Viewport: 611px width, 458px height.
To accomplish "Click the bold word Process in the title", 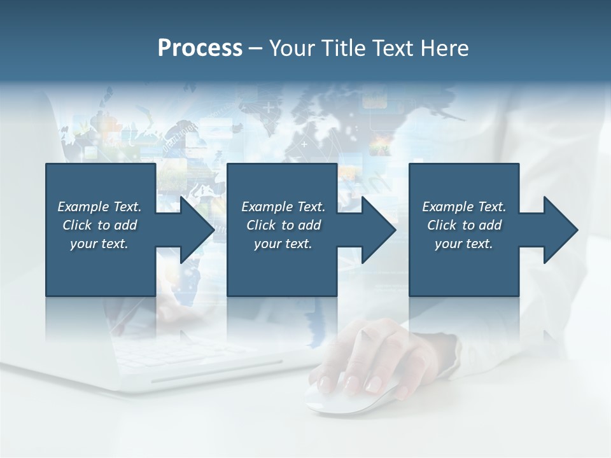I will click(200, 48).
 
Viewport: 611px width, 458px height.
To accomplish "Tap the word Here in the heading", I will click(445, 48).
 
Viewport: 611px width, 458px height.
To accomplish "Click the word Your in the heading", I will click(290, 48).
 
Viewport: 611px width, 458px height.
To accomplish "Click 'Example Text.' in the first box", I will click(99, 207).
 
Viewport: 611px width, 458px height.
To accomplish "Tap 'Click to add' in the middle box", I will click(283, 225).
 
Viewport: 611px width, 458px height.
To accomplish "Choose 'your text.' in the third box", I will click(464, 244).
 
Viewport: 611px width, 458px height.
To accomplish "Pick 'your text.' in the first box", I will click(99, 244).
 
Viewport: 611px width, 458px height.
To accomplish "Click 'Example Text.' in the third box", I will click(464, 207).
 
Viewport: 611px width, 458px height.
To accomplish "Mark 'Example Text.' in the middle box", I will click(283, 207).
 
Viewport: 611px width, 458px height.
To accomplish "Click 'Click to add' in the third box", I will click(464, 225).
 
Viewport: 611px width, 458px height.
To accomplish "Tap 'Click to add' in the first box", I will click(99, 225).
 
